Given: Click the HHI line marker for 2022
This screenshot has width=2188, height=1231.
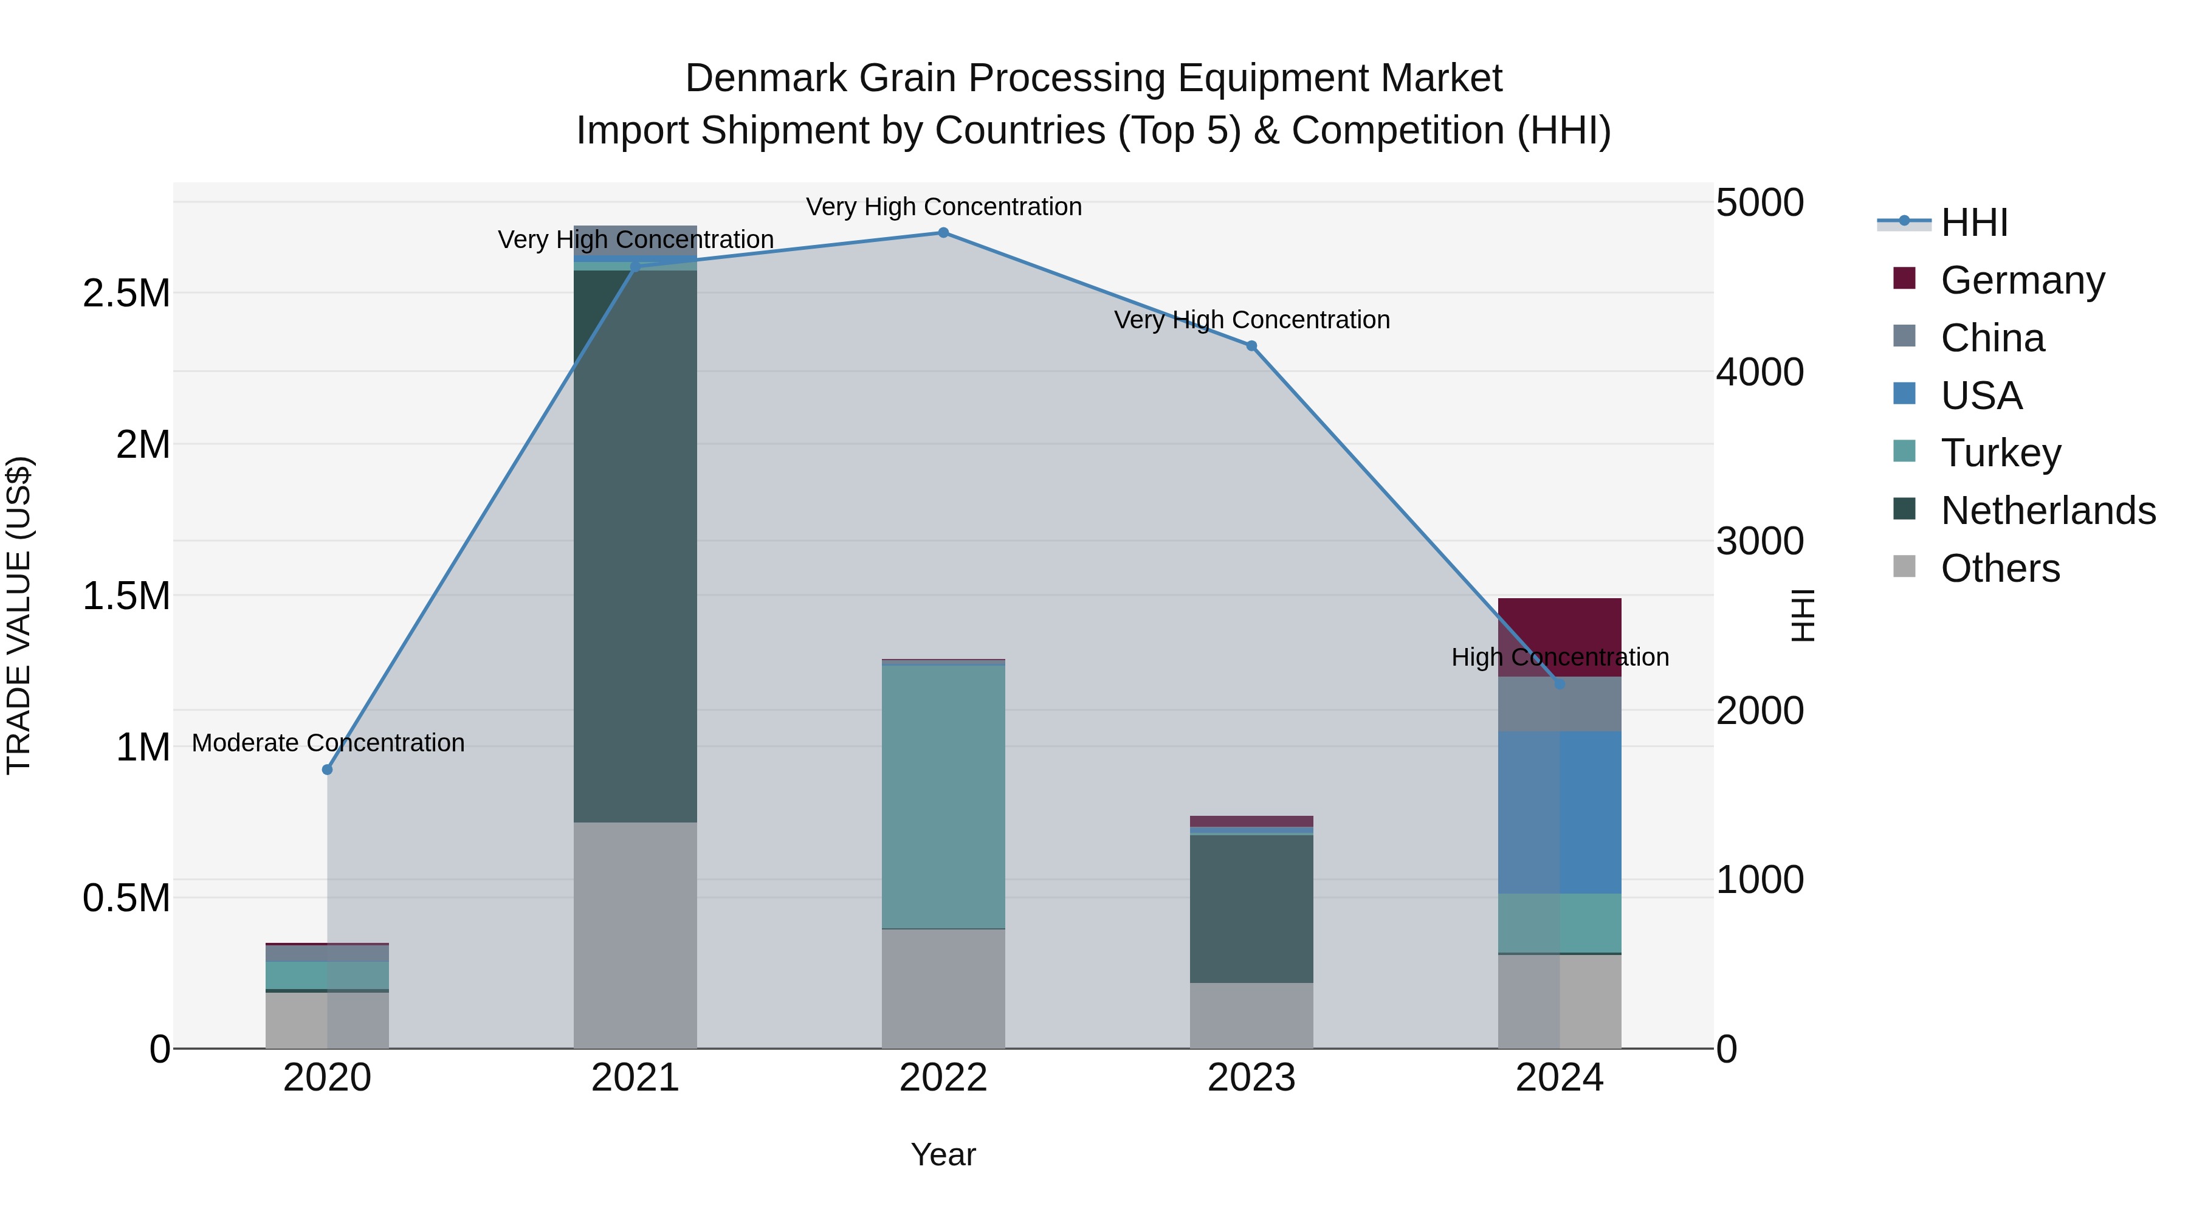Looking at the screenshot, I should pyautogui.click(x=943, y=232).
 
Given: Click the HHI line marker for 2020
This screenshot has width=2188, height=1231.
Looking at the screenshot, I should pyautogui.click(x=327, y=769).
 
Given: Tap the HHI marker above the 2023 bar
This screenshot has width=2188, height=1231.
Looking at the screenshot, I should pyautogui.click(x=1251, y=346).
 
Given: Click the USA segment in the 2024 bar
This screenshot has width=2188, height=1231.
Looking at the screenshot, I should pyautogui.click(x=1560, y=812).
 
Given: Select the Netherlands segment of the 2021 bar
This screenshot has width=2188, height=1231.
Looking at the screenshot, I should pyautogui.click(x=635, y=543).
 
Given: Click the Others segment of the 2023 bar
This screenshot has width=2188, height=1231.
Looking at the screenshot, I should pyautogui.click(x=1251, y=1015).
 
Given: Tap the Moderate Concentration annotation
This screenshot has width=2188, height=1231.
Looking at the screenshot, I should pyautogui.click(x=328, y=742).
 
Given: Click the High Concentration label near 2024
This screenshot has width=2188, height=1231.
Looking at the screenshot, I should pyautogui.click(x=1560, y=657).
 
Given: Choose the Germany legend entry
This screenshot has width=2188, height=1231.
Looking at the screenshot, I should pyautogui.click(x=2022, y=280).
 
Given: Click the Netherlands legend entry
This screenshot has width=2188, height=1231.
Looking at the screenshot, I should pyautogui.click(x=2048, y=511).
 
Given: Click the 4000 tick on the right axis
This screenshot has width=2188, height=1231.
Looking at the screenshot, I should pyautogui.click(x=1759, y=372).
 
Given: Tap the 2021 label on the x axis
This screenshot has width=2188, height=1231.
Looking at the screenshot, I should pyautogui.click(x=635, y=1078).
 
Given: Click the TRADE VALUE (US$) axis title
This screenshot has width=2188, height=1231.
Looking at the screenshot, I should pyautogui.click(x=19, y=615).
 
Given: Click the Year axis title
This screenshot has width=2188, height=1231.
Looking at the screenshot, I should pyautogui.click(x=943, y=1154).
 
